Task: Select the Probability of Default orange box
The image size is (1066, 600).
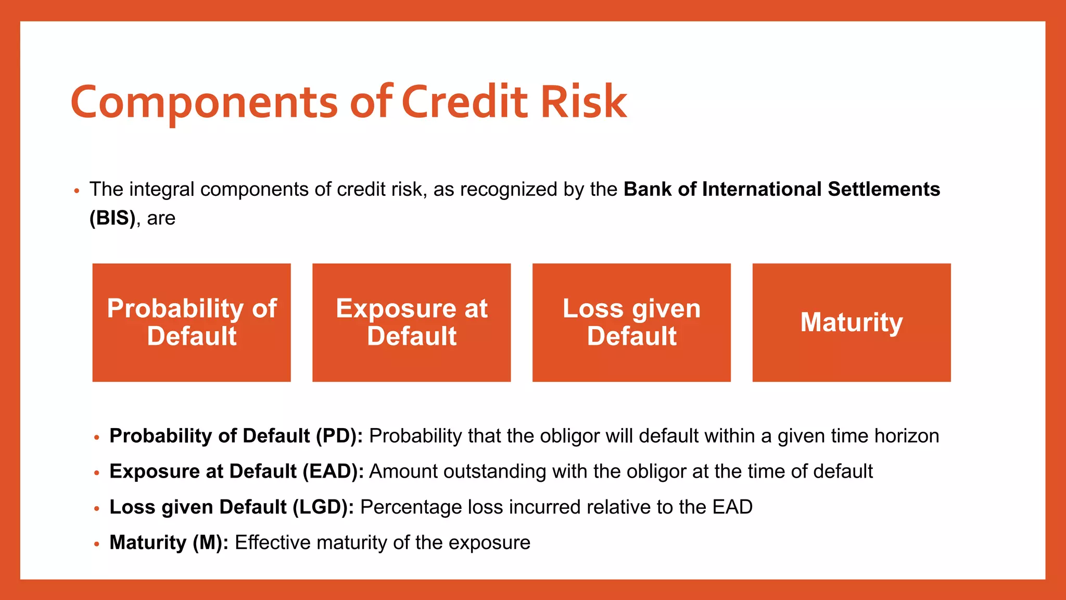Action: click(x=192, y=322)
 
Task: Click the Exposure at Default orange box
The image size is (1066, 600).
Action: click(x=411, y=322)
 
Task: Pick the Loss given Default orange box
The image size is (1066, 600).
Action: click(x=631, y=322)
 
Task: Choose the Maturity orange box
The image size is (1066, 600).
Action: click(x=852, y=322)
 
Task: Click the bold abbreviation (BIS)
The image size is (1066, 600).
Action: click(x=112, y=218)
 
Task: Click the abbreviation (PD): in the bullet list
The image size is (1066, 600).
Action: click(x=339, y=436)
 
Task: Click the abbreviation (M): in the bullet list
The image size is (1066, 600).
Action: click(x=210, y=542)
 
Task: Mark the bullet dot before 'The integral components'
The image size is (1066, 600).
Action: click(x=77, y=191)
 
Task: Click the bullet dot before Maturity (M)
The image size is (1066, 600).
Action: click(x=96, y=544)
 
